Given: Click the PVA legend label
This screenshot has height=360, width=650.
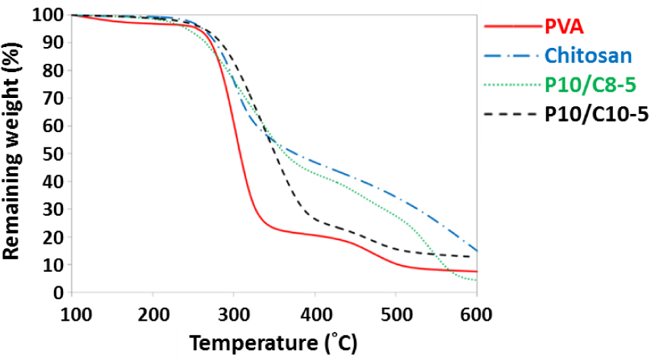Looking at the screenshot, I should tap(564, 29).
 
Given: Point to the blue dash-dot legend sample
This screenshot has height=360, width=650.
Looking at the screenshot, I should tap(511, 55).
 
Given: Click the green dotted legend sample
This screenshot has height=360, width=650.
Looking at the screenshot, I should tap(511, 84).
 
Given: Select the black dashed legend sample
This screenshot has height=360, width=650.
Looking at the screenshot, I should tap(511, 115).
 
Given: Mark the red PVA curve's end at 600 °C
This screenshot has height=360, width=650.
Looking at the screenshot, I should tap(476, 271).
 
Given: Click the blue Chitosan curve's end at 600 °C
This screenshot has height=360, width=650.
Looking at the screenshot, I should tap(476, 251).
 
